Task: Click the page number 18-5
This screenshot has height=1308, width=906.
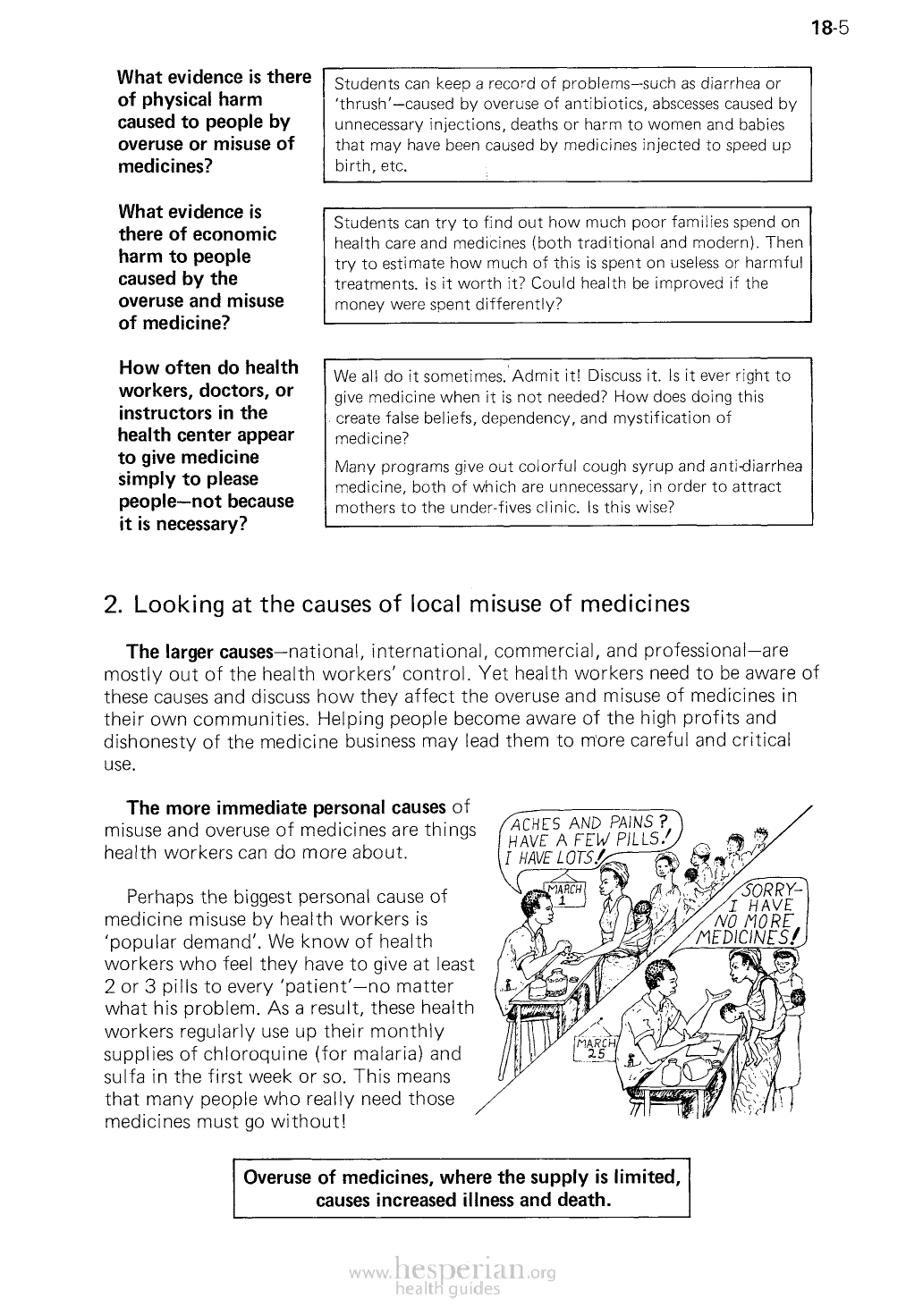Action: point(829,28)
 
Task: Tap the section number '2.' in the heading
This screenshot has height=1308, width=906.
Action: point(114,604)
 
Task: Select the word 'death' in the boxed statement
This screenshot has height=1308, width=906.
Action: point(583,1200)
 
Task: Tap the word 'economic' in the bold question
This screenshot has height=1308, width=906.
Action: point(235,234)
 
